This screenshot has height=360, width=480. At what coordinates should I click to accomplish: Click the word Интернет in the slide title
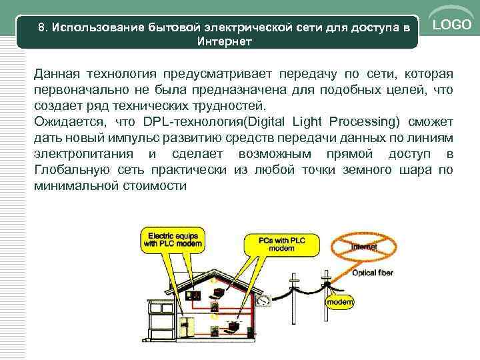coord(225,41)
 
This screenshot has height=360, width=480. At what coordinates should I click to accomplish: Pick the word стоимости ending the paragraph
coord(159,186)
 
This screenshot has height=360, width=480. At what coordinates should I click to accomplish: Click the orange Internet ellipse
coord(364,247)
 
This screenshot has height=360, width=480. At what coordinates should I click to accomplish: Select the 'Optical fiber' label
coord(372,273)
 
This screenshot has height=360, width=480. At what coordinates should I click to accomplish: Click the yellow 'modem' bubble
coord(339,304)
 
